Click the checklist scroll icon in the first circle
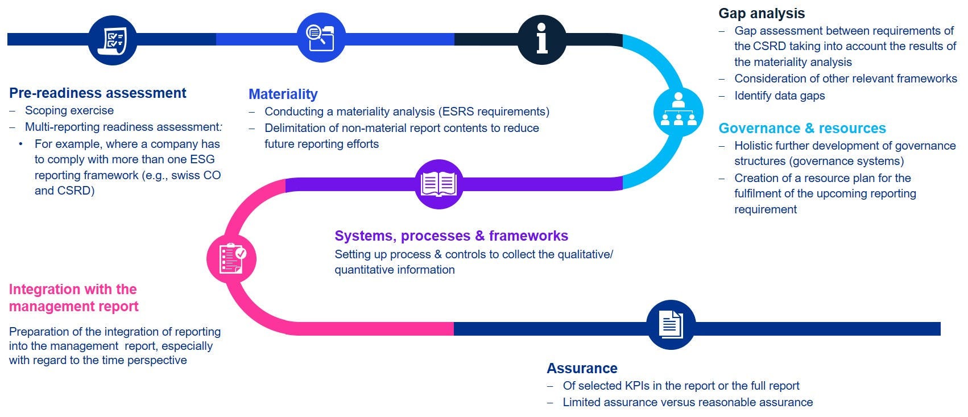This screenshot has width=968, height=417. [113, 40]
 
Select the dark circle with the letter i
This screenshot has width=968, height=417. [541, 39]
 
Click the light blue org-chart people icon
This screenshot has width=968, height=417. [678, 112]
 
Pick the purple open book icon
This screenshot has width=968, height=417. [439, 184]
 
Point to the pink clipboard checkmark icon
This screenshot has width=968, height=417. [231, 259]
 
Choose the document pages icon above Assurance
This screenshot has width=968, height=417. [671, 325]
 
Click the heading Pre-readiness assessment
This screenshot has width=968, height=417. [98, 93]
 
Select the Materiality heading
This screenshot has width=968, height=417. [283, 94]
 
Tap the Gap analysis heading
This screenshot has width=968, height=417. [761, 14]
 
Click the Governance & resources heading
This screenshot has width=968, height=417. [802, 129]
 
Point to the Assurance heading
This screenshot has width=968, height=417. [582, 369]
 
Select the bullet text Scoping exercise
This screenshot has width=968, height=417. [69, 110]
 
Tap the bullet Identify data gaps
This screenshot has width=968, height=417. [779, 96]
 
